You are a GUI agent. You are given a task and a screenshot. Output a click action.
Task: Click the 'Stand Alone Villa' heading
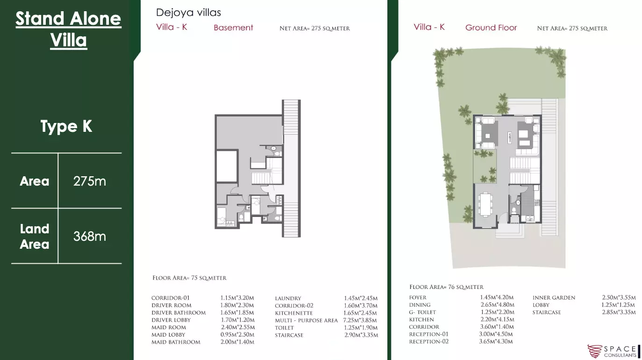click(69, 29)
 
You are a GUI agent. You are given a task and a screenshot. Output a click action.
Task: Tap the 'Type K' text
click(66, 126)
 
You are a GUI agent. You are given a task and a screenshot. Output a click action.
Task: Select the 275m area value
click(90, 181)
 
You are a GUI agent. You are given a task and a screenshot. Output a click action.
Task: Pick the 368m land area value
click(90, 237)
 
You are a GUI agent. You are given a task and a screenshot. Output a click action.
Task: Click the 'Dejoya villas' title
click(188, 13)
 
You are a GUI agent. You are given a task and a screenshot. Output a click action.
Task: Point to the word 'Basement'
click(233, 28)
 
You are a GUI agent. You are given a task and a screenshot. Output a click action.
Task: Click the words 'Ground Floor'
click(491, 28)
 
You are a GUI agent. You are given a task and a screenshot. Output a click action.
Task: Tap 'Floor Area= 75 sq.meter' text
click(189, 278)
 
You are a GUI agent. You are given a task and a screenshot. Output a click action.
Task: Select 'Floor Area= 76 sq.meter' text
click(446, 287)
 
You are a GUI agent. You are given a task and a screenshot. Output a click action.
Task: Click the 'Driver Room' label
click(171, 305)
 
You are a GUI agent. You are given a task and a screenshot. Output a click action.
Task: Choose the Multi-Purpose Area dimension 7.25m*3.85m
click(360, 320)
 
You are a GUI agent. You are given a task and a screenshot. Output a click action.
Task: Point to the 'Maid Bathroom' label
click(176, 342)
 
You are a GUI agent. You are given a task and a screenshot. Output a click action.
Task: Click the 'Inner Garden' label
click(554, 298)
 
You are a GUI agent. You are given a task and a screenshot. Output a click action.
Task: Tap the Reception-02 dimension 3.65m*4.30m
click(496, 341)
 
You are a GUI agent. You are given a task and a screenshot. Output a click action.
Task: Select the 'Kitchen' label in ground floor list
click(421, 319)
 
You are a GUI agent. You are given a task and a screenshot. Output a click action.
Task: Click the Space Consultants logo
click(613, 352)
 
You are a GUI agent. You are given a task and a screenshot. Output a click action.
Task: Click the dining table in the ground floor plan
click(486, 204)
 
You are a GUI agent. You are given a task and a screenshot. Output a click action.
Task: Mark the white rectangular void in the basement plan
click(227, 166)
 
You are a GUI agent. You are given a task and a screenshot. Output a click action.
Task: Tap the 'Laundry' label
click(288, 298)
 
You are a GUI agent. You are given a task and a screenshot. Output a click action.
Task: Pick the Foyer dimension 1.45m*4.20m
click(497, 297)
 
